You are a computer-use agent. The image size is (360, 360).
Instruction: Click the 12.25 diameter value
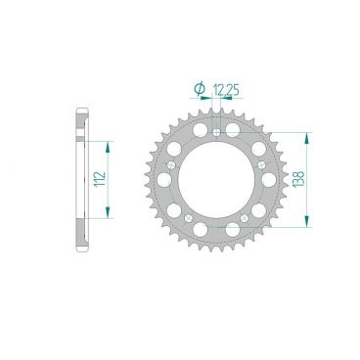click(229, 89)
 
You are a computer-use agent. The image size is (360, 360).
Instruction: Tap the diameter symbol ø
click(201, 89)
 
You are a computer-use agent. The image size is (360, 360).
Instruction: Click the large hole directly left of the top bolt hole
click(199, 131)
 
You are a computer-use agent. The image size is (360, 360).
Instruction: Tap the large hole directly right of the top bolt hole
click(232, 131)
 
